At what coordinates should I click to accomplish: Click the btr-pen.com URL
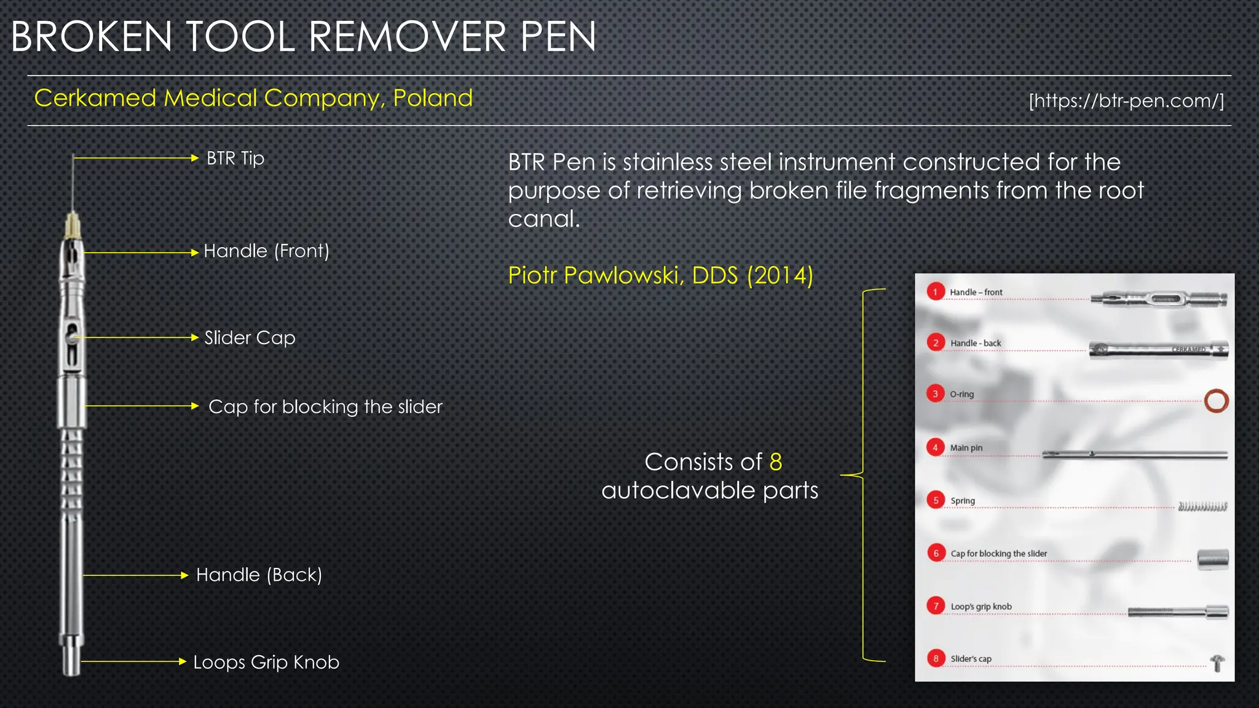point(1126,100)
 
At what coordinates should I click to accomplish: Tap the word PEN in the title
point(558,37)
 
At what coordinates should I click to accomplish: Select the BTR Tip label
point(235,159)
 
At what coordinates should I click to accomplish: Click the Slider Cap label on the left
point(250,338)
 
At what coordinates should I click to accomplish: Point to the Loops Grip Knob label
point(266,662)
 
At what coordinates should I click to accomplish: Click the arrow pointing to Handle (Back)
point(135,575)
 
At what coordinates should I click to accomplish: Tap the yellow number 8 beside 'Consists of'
point(776,462)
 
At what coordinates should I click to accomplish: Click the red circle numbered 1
point(935,292)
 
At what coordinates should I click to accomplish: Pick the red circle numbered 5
point(936,500)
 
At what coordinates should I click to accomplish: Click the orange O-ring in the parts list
point(1216,401)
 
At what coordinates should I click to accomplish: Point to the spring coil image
point(1202,506)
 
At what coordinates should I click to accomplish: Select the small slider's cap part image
point(1217,663)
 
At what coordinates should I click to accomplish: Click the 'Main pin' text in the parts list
point(966,448)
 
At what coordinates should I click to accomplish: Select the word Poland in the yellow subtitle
point(433,98)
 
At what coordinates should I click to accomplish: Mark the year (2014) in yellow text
point(780,275)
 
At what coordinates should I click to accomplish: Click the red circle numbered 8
point(936,658)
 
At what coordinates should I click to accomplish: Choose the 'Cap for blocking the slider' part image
point(1213,559)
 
